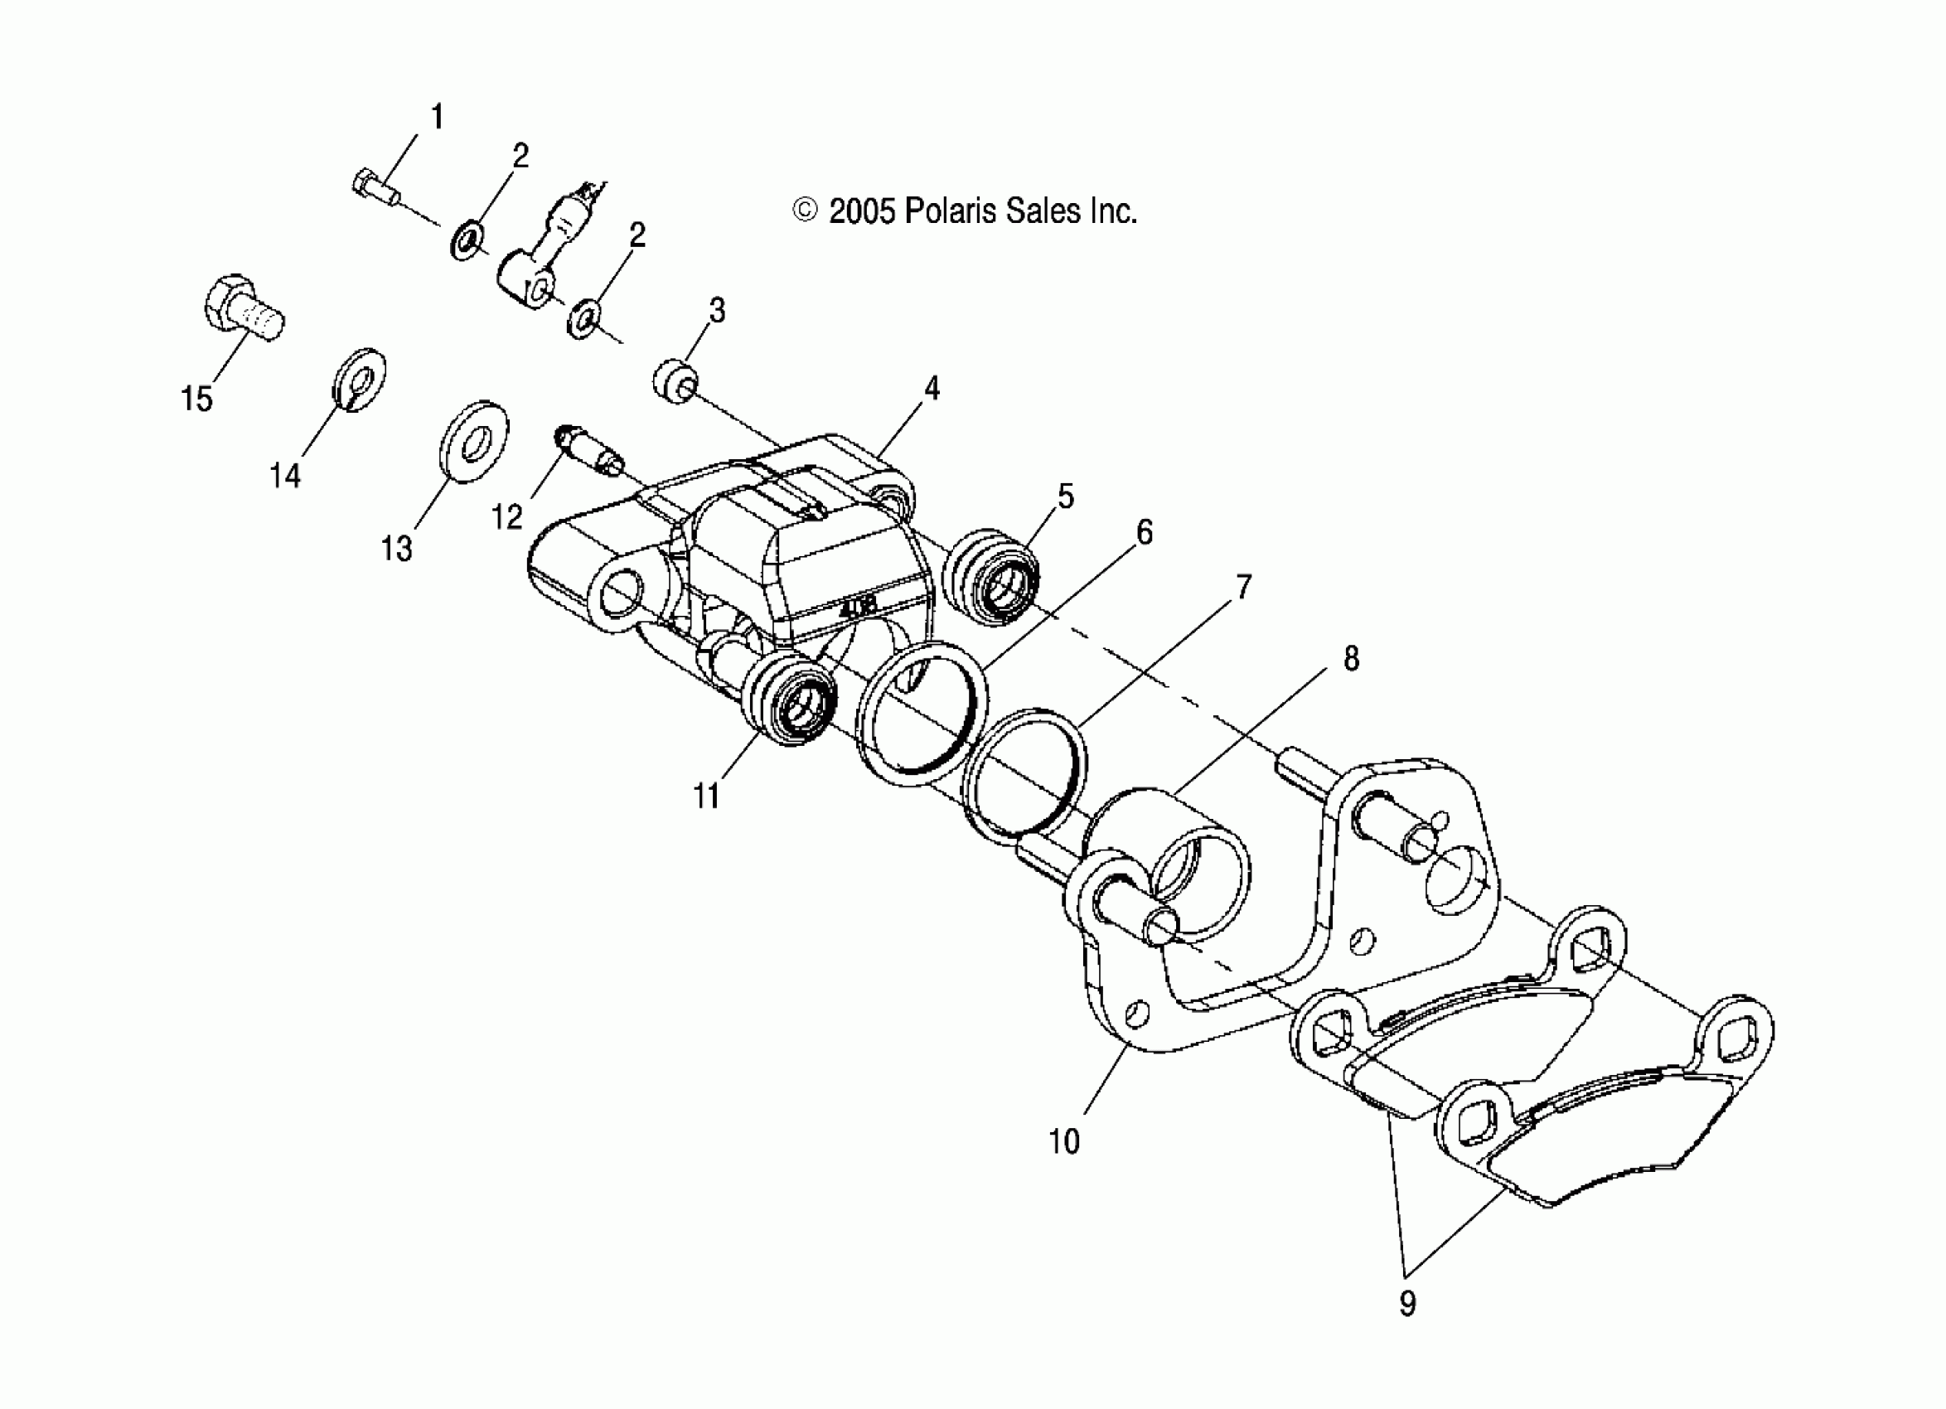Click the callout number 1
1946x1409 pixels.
tap(438, 117)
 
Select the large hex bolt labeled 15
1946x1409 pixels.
tap(243, 310)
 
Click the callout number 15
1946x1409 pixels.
tap(196, 399)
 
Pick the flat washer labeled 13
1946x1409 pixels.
tap(472, 441)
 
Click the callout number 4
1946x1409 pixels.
tap(932, 389)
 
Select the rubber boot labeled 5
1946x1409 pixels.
tap(991, 579)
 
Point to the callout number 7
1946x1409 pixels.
tap(1243, 587)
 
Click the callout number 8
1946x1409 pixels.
tap(1352, 658)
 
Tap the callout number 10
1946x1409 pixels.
tap(1064, 1141)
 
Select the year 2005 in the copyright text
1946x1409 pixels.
tap(862, 211)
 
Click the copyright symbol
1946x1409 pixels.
tap(805, 211)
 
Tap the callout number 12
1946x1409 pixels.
tap(506, 516)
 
